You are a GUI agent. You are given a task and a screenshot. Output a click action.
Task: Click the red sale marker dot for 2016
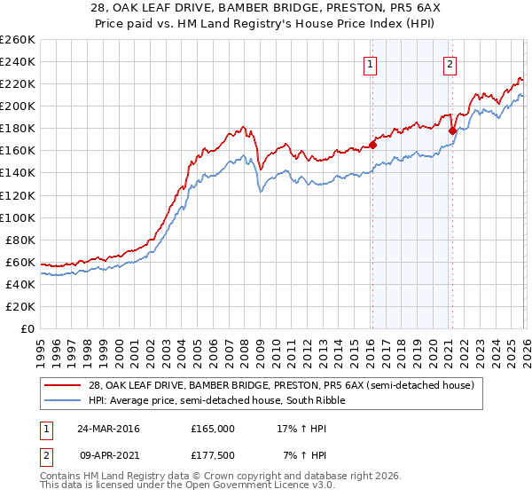[x=372, y=145]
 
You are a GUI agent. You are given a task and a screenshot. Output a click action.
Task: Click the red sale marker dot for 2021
[x=452, y=131]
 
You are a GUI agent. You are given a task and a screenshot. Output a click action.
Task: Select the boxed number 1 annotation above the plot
[x=370, y=63]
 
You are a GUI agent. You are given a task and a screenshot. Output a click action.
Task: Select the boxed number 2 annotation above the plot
[x=450, y=63]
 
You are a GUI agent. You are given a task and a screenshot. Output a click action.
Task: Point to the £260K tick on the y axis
[x=18, y=40]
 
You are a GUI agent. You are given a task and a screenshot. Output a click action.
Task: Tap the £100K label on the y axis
[x=18, y=217]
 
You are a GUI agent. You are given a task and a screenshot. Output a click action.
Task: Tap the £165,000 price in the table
[x=213, y=428]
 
